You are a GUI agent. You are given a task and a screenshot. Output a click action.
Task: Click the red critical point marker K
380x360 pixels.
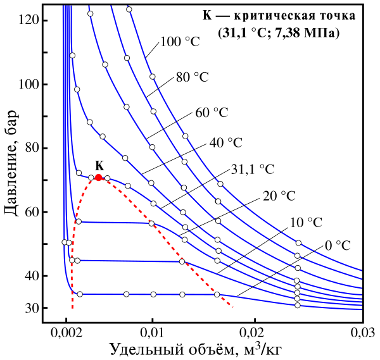pyautogui.click(x=98, y=178)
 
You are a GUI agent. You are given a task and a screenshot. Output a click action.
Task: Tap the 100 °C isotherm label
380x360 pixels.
pyautogui.click(x=181, y=43)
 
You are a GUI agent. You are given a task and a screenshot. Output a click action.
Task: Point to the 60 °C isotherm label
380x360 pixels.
pyautogui.click(x=212, y=112)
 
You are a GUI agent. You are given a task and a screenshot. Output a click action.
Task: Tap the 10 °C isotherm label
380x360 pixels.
pyautogui.click(x=306, y=222)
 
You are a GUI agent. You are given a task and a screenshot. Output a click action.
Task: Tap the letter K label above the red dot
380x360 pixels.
pyautogui.click(x=98, y=166)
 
